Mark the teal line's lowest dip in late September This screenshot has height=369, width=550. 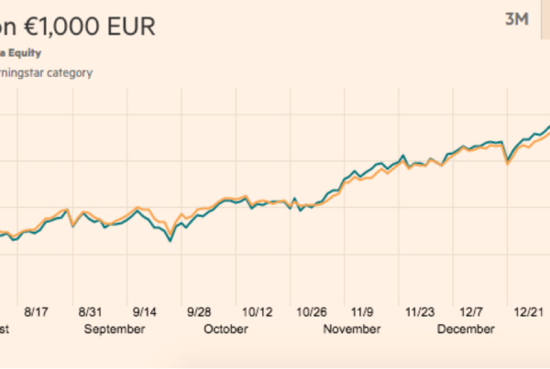(x=170, y=241)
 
